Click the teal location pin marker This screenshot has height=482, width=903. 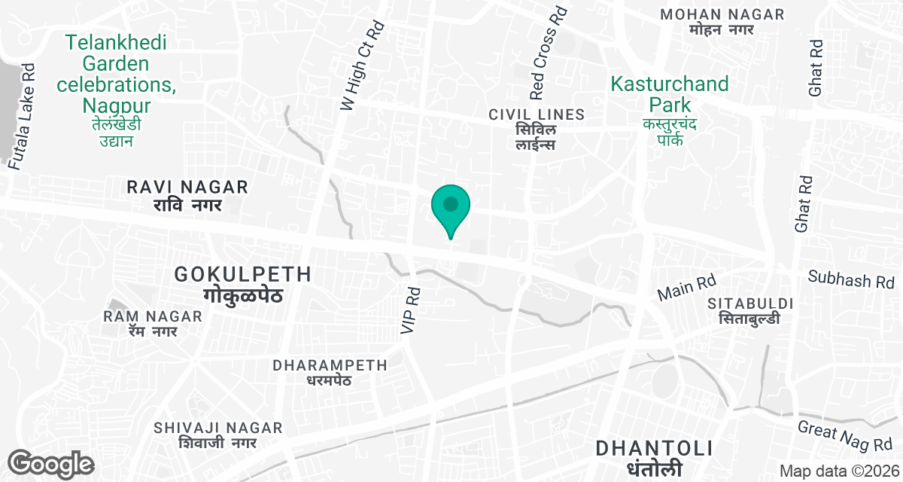[451, 207]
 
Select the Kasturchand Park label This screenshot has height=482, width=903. [670, 84]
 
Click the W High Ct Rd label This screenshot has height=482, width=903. [363, 66]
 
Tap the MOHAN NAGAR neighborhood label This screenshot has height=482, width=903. [722, 15]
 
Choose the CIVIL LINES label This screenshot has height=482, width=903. [537, 114]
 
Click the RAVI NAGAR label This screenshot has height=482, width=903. [187, 186]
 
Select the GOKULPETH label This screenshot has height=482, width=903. [242, 274]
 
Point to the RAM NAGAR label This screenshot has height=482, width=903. [154, 316]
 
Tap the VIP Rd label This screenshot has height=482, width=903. [410, 309]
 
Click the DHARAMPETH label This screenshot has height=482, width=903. [330, 365]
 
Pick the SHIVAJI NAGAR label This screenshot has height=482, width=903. [218, 429]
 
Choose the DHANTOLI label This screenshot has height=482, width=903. [654, 448]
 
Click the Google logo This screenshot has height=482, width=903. [52, 462]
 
